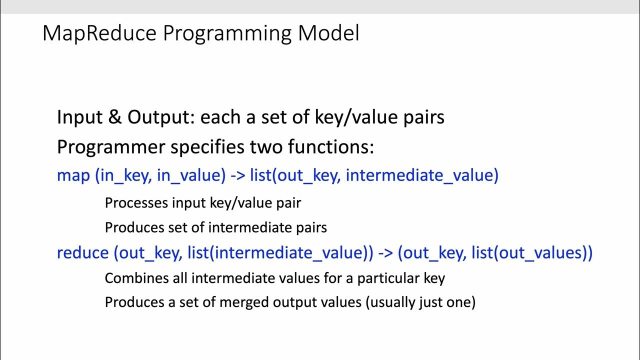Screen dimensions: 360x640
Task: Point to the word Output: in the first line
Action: coord(161,117)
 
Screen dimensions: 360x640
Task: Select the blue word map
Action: coord(73,175)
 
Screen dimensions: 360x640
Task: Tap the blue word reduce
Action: coord(82,253)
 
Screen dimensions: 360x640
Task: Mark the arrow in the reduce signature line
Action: coord(385,253)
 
